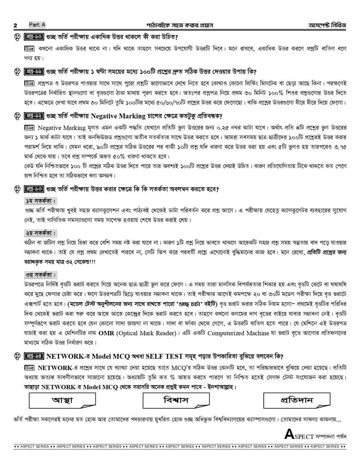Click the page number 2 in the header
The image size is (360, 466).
coord(16,25)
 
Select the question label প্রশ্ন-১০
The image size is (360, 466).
coord(33,37)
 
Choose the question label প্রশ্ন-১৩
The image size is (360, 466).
coord(33,190)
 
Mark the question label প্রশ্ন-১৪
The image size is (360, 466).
coord(33,356)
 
